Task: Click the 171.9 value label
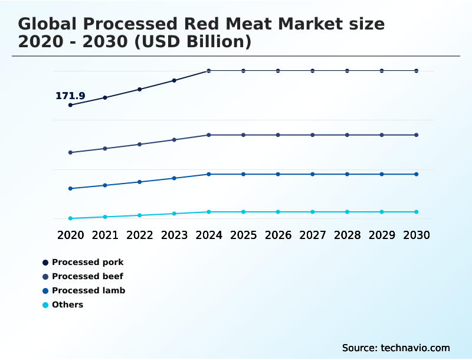70,96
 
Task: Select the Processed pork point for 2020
71,105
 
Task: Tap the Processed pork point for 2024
209,71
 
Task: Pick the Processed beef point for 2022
140,144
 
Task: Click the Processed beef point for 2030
417,135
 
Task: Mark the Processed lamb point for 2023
174,178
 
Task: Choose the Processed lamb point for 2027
313,174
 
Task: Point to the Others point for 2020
71,218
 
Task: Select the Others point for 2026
278,212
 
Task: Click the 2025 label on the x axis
243,235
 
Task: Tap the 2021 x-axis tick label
105,235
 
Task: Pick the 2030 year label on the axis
417,235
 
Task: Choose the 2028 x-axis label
347,235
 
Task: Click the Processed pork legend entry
87,262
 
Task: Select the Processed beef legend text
87,276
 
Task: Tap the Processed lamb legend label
88,290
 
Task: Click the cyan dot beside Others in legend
45,305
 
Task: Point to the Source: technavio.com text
396,348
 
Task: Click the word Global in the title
47,24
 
